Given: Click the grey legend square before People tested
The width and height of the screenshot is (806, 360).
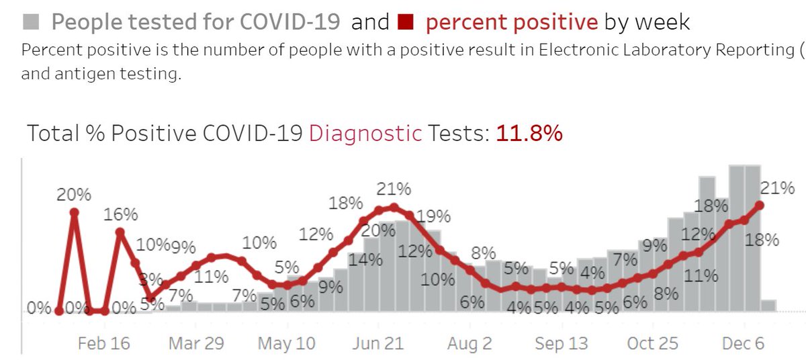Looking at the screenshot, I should click(x=31, y=22).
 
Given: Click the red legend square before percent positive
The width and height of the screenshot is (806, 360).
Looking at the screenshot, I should click(x=404, y=22).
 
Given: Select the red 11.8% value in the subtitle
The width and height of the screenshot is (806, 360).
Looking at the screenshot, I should click(x=529, y=134).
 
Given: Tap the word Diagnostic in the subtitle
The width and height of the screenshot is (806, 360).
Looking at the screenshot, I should click(x=365, y=134).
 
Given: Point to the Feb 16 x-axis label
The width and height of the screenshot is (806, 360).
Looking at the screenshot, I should click(x=104, y=343).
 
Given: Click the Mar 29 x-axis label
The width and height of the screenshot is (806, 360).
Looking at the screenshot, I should click(x=196, y=343).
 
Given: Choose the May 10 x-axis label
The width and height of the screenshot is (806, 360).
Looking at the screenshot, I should click(x=287, y=343).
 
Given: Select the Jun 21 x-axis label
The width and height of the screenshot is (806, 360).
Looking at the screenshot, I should click(x=377, y=343).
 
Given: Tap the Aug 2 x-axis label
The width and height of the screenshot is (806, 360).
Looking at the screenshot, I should click(x=469, y=343).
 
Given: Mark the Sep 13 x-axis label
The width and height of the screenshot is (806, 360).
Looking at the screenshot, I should click(x=561, y=343).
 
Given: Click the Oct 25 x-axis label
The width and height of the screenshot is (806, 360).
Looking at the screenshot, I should click(x=652, y=343).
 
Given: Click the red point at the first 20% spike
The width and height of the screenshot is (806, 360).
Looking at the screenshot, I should click(x=74, y=212).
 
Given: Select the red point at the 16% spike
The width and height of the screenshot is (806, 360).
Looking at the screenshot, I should click(x=120, y=232).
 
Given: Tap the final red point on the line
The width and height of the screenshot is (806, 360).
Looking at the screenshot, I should click(x=760, y=206).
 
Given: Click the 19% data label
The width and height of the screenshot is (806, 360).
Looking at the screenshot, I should click(x=433, y=217).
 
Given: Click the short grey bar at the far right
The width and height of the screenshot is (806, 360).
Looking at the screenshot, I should click(x=768, y=306).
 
